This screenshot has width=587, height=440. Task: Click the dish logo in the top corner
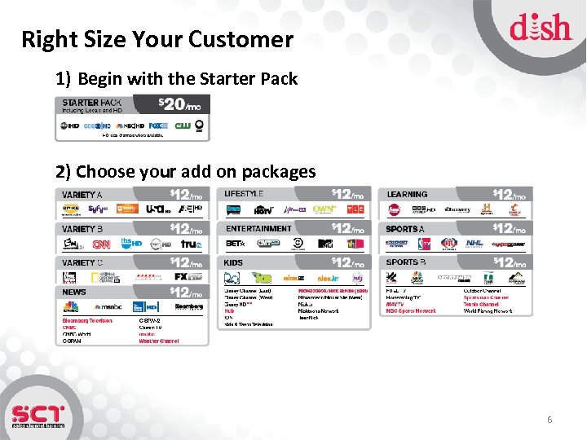tap(541, 29)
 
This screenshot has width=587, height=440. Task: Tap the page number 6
tap(549, 420)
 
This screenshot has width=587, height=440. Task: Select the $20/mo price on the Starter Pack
tap(179, 104)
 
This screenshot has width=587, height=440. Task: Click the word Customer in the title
tap(242, 39)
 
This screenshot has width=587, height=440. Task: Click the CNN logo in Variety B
tap(101, 244)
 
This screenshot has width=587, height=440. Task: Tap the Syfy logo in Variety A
tap(99, 209)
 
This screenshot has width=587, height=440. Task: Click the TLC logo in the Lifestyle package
tap(355, 209)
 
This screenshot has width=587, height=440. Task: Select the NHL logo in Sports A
tap(474, 243)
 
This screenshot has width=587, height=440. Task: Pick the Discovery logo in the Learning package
tap(457, 209)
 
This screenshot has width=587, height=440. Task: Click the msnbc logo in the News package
tap(108, 306)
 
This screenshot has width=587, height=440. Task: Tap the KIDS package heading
tap(233, 262)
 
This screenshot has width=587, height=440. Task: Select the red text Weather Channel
tap(159, 341)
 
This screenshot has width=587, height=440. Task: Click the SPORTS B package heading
tap(406, 262)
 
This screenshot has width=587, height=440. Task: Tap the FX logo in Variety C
tap(182, 277)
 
